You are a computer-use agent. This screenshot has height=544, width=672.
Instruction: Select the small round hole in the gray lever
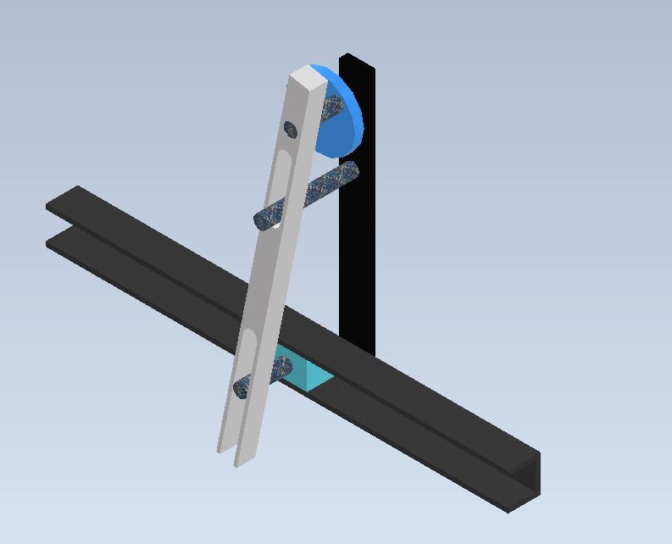pos(290,130)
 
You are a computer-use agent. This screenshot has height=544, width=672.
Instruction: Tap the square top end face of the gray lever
pos(308,78)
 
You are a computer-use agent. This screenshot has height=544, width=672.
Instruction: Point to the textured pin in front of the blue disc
pos(331,108)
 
